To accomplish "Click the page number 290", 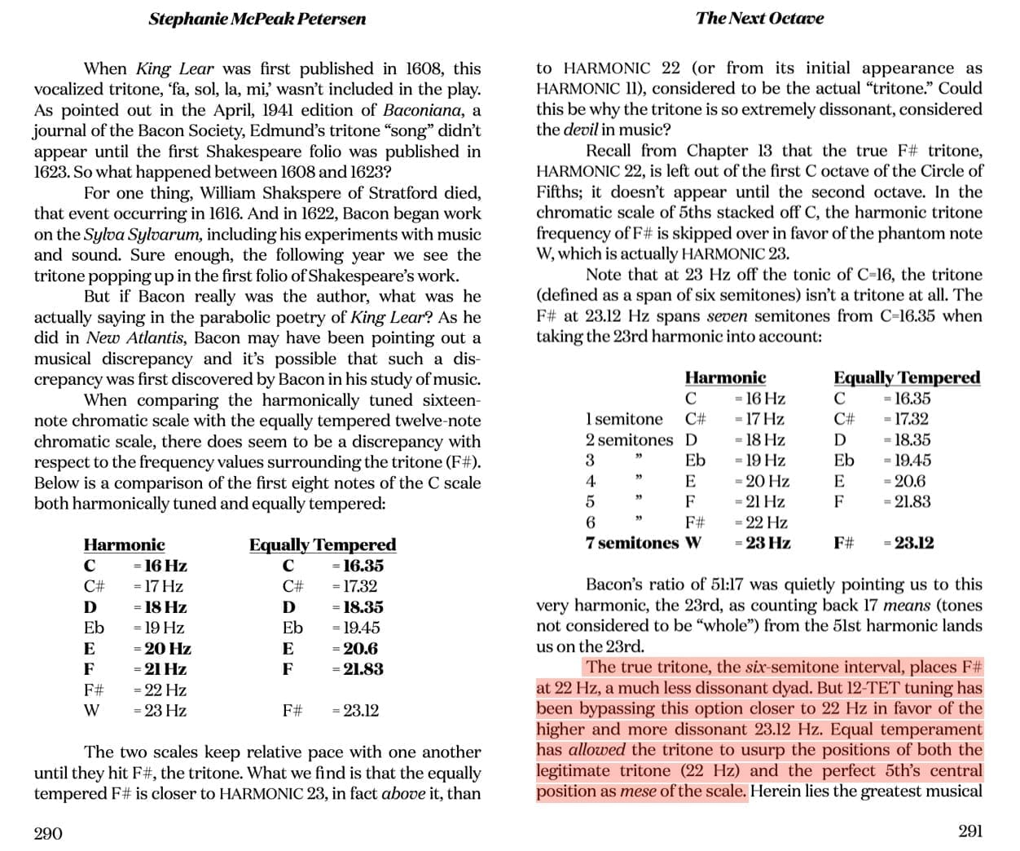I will [48, 833].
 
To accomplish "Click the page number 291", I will [969, 831].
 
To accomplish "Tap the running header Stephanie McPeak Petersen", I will [257, 19].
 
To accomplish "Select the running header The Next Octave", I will [759, 18].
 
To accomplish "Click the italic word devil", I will [581, 130].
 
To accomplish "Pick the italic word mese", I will [638, 791].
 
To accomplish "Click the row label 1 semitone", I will [624, 419].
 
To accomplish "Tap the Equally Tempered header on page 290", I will [323, 545].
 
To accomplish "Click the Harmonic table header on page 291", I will [725, 377].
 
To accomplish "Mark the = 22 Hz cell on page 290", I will [160, 690].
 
